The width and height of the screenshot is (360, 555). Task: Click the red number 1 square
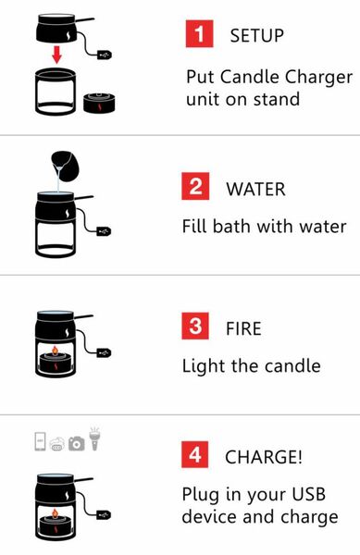[x=199, y=34]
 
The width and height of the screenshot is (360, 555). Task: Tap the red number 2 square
[x=195, y=187]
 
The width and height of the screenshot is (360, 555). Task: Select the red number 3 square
[x=195, y=326]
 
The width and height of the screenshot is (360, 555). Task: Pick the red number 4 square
[x=195, y=454]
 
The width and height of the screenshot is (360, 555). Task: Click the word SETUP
[x=257, y=36]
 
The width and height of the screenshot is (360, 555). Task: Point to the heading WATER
[x=256, y=189]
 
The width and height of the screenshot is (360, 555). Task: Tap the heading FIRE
[x=244, y=328]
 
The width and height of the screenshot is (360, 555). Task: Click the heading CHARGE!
[x=264, y=457]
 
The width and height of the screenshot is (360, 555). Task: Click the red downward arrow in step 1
[x=56, y=55]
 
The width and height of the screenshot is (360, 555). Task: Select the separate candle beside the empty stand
[x=99, y=103]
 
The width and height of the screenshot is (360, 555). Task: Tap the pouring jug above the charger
[x=66, y=166]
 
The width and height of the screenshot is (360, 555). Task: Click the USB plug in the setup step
[x=105, y=55]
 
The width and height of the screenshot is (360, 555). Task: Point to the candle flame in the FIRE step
[x=55, y=350]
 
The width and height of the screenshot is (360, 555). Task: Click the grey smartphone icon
[x=41, y=441]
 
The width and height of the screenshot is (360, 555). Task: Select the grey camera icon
[x=77, y=443]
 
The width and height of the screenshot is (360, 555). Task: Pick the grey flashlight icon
[x=94, y=438]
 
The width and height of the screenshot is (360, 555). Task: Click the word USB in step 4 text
[x=307, y=494]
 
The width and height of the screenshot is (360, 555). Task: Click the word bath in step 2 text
[x=231, y=226]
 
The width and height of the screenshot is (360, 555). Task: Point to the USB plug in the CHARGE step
[x=104, y=514]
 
